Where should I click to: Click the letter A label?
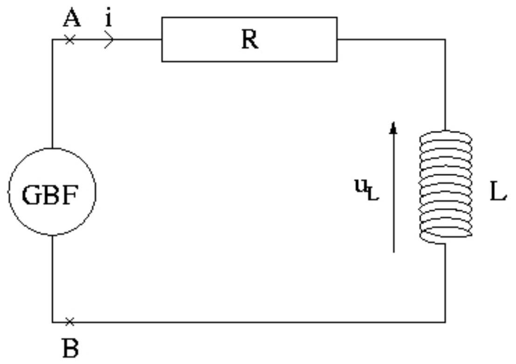(x=72, y=18)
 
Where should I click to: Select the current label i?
(x=109, y=18)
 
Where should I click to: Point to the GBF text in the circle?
(x=50, y=195)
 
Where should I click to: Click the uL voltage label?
(x=366, y=190)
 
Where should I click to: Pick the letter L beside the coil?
(x=498, y=192)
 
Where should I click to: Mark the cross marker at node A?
(x=70, y=40)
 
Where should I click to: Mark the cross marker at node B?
(x=70, y=322)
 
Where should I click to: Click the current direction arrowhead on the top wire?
(x=110, y=40)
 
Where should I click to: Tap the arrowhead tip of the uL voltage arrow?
(x=393, y=122)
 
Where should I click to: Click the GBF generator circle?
(x=52, y=148)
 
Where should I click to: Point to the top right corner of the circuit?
(x=445, y=40)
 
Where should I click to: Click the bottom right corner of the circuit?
(x=445, y=322)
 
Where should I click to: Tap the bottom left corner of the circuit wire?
(x=52, y=322)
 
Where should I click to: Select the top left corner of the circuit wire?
(x=52, y=40)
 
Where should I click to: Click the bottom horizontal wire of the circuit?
(x=249, y=322)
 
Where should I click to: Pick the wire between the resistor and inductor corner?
(x=391, y=40)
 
